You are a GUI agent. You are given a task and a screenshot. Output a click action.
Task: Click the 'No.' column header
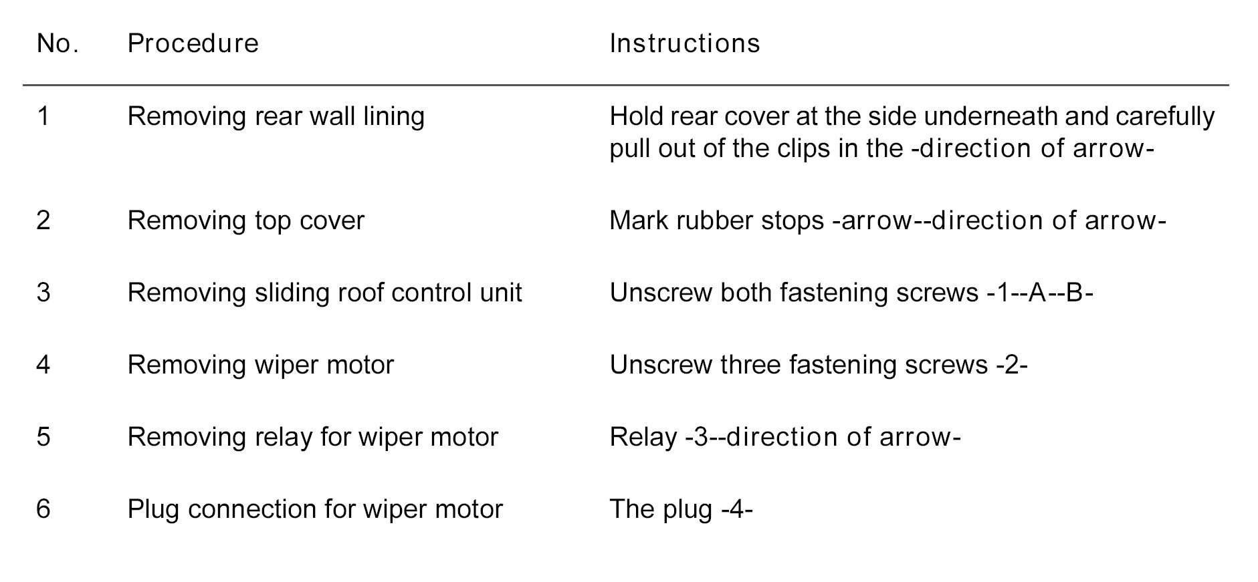click(58, 44)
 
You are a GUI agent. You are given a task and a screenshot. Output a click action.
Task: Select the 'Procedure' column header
click(193, 44)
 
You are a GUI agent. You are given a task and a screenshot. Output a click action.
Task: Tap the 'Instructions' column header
click(684, 44)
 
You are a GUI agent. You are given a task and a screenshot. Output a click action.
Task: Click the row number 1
click(43, 117)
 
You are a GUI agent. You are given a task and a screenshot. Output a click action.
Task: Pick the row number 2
click(43, 221)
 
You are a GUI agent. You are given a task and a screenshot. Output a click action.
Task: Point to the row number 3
click(43, 293)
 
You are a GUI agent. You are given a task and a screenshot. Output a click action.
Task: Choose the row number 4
click(43, 365)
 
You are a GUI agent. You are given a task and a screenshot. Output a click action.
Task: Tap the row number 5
click(43, 437)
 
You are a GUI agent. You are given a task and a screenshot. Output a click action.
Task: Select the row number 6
click(43, 509)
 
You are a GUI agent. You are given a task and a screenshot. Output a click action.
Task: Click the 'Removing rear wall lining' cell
click(276, 117)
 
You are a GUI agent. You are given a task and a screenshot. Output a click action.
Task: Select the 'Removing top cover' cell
click(245, 221)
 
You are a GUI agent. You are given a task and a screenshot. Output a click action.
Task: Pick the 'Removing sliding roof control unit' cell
click(324, 293)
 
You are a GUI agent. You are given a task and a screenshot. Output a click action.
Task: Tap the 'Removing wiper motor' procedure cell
click(260, 365)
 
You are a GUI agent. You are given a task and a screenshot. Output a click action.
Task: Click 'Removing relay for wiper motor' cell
click(312, 437)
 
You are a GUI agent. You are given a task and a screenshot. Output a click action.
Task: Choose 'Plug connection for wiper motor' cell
click(314, 509)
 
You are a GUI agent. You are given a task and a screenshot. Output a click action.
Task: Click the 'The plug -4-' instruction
click(681, 509)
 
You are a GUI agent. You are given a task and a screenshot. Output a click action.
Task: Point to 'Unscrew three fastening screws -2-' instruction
click(818, 365)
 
